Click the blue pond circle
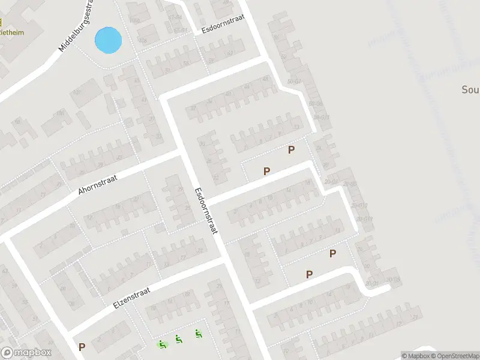click(108, 40)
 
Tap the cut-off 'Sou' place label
click(470, 90)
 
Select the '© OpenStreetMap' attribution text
click(455, 356)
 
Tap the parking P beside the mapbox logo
click(82, 347)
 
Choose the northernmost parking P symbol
click(292, 149)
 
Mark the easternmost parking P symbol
click(332, 254)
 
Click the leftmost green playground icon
click(161, 344)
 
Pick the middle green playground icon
click(179, 339)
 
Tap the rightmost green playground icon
click(198, 334)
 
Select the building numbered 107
click(76, 93)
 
